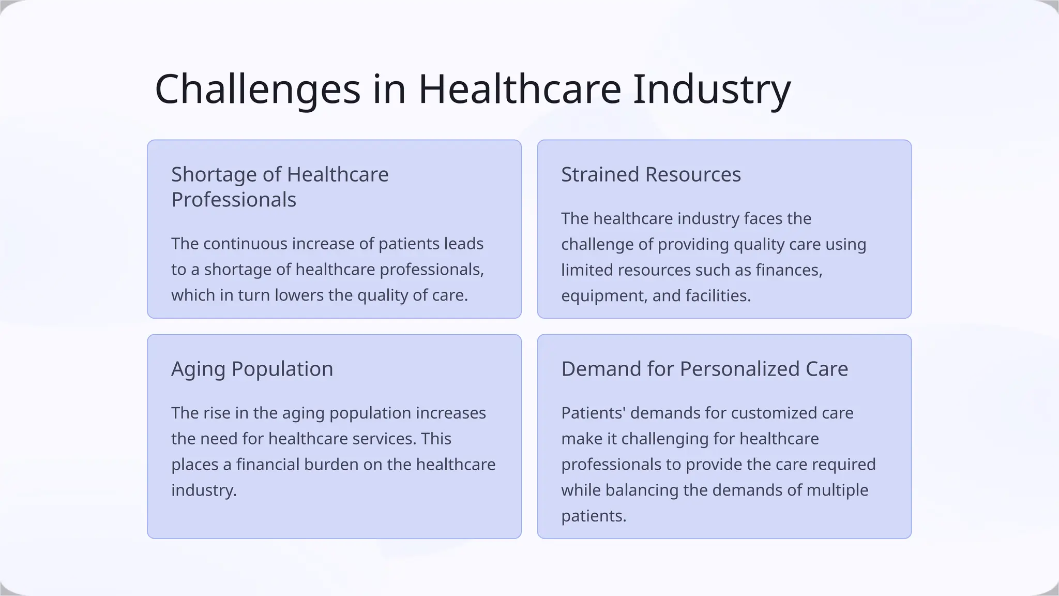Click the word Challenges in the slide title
(258, 90)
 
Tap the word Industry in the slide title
(712, 90)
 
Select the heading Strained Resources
(650, 174)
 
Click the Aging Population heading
(252, 369)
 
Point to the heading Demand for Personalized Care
(704, 369)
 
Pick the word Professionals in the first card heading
(234, 200)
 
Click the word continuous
(245, 244)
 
